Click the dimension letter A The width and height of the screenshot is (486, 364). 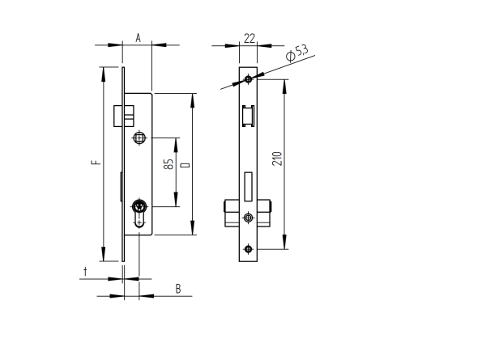pyautogui.click(x=138, y=37)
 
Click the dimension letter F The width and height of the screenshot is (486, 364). pyautogui.click(x=95, y=163)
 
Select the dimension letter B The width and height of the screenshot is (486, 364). pyautogui.click(x=178, y=288)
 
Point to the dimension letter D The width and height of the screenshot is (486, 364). pyautogui.click(x=185, y=164)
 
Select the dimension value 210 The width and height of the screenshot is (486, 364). pyautogui.click(x=276, y=158)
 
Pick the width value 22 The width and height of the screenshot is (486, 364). pyautogui.click(x=249, y=37)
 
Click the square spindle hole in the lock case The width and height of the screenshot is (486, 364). pyautogui.click(x=140, y=138)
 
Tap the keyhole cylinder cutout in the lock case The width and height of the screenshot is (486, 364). pyautogui.click(x=140, y=212)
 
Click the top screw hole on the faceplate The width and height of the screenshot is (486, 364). pyautogui.click(x=249, y=78)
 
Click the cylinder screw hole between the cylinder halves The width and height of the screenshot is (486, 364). pyautogui.click(x=248, y=218)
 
